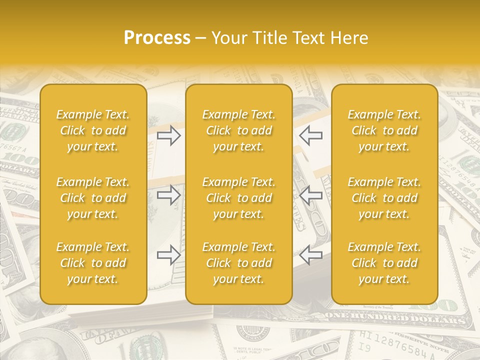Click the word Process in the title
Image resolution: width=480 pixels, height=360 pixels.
pyautogui.click(x=157, y=38)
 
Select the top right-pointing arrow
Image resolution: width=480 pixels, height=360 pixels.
pyautogui.click(x=168, y=135)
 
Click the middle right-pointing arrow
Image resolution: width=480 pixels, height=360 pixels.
pyautogui.click(x=168, y=195)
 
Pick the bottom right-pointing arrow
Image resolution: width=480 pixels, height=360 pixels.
pyautogui.click(x=168, y=255)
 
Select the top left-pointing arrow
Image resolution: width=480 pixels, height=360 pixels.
pyautogui.click(x=310, y=135)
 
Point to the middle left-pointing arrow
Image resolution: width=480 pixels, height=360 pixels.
pyautogui.click(x=310, y=195)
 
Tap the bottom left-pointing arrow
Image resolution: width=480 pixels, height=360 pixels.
pyautogui.click(x=310, y=255)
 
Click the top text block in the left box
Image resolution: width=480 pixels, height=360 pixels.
pyautogui.click(x=93, y=130)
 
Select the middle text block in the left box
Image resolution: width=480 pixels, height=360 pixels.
pyautogui.click(x=93, y=198)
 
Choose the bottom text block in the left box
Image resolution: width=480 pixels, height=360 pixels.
pyautogui.click(x=93, y=263)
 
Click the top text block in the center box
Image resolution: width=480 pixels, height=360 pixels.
pyautogui.click(x=238, y=130)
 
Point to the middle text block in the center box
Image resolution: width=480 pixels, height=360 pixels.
pyautogui.click(x=238, y=198)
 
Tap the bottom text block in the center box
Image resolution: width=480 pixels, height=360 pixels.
pyautogui.click(x=238, y=263)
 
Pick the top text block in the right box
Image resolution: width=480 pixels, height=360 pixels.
pyautogui.click(x=384, y=130)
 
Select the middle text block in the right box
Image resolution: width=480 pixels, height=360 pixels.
pyautogui.click(x=384, y=198)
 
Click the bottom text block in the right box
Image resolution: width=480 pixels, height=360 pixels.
pyautogui.click(x=384, y=263)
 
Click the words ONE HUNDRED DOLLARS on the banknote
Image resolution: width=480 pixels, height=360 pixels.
pyautogui.click(x=395, y=318)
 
